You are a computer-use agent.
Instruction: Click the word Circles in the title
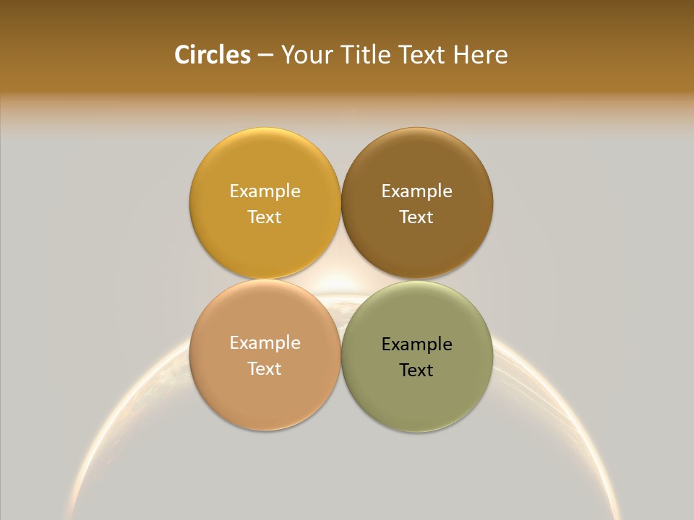(212, 55)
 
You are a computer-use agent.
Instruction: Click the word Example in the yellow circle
(265, 191)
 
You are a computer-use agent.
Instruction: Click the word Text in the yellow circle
(265, 217)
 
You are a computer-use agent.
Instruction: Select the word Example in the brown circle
(416, 191)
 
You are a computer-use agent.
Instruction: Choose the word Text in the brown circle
(416, 217)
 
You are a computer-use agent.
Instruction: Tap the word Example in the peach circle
(265, 343)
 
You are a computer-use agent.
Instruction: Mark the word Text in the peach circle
(265, 369)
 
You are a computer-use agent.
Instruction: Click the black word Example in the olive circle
(416, 344)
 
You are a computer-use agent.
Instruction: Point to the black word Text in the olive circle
(416, 370)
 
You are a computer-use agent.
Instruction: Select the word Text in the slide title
(424, 55)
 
